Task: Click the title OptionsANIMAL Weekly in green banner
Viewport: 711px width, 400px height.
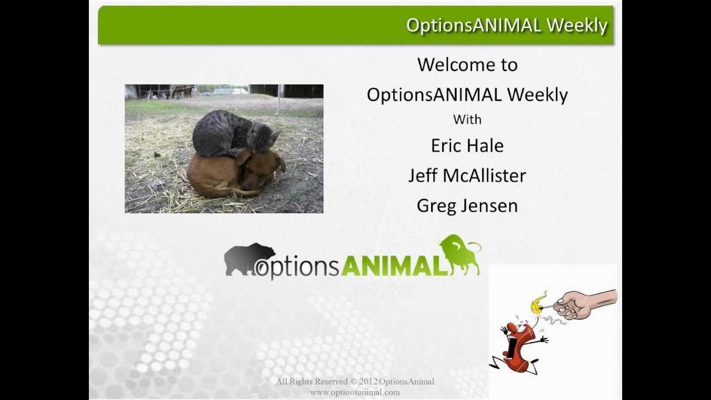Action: point(507,26)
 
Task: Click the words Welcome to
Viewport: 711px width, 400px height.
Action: point(467,65)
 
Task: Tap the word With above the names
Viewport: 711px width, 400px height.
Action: point(467,119)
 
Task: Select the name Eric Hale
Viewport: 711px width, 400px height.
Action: point(467,146)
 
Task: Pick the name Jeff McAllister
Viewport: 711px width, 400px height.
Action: point(467,176)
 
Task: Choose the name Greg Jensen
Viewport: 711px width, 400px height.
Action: point(467,206)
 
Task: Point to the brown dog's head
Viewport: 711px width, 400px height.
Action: point(261,169)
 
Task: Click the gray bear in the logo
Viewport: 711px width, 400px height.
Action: point(247,258)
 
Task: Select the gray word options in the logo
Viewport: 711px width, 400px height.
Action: point(297,267)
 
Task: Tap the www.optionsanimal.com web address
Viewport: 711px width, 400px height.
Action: point(355,392)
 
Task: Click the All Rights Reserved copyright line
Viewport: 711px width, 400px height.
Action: point(355,382)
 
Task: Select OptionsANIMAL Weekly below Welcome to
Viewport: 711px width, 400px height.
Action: point(467,95)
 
